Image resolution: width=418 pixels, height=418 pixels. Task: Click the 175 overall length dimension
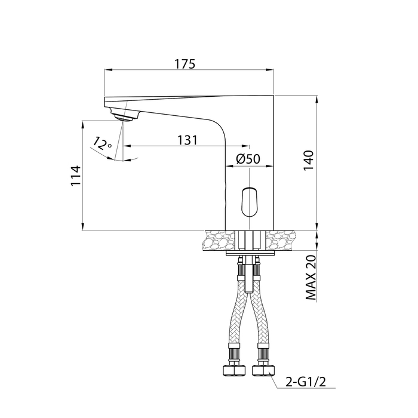click(x=185, y=64)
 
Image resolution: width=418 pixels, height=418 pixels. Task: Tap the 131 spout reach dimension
click(x=188, y=140)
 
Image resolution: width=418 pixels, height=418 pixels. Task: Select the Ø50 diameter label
click(x=248, y=159)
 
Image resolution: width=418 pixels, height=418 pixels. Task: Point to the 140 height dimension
click(x=309, y=161)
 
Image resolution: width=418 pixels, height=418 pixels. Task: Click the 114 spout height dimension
click(x=75, y=176)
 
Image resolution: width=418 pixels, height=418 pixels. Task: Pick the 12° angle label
click(x=102, y=144)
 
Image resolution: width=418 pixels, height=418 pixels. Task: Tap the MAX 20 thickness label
click(x=311, y=278)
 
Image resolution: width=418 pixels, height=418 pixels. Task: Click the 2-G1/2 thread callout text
click(x=306, y=382)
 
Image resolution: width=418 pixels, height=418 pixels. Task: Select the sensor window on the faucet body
click(x=250, y=201)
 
